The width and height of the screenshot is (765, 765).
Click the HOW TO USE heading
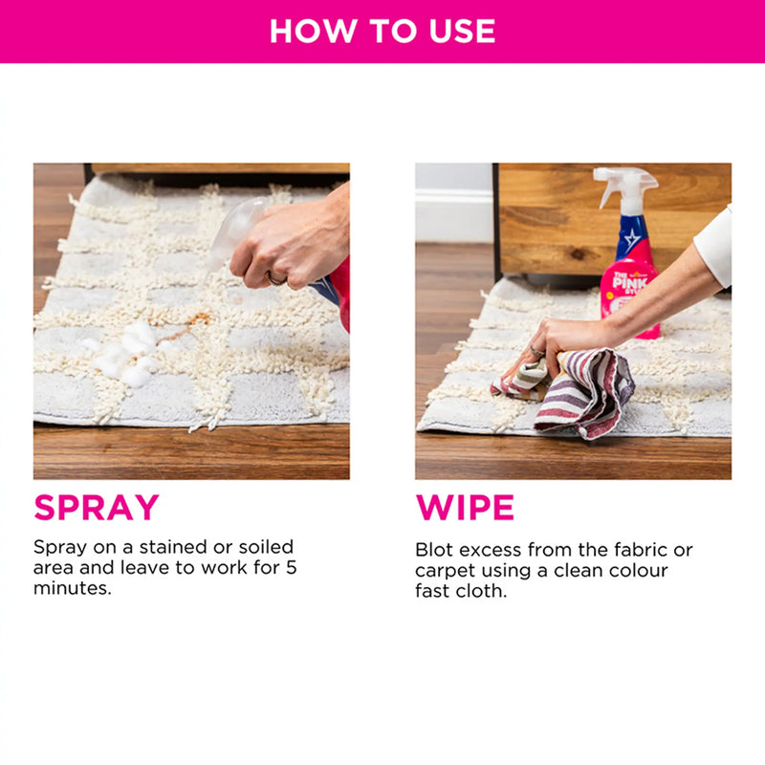tap(382, 31)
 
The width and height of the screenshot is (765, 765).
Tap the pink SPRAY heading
tap(97, 507)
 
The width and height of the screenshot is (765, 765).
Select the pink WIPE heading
tap(465, 507)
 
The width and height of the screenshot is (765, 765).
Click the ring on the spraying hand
tap(275, 279)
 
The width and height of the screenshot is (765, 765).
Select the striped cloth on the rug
tap(583, 392)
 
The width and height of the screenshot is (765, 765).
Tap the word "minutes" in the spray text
tap(72, 589)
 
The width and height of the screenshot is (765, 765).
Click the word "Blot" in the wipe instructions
tap(434, 550)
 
